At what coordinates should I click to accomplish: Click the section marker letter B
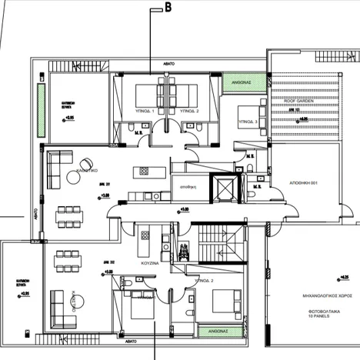(168, 8)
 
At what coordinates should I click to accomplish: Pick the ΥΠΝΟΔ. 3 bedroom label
(247, 121)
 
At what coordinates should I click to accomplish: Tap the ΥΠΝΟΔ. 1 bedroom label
(144, 112)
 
